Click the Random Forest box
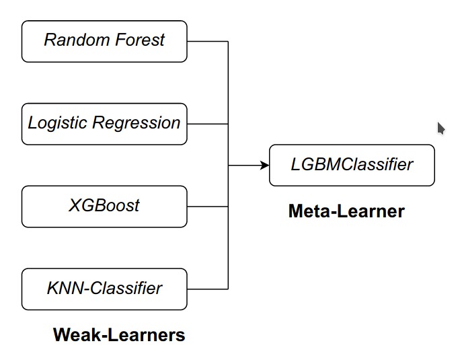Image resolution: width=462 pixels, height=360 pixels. [x=104, y=41]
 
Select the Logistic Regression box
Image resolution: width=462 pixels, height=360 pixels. [x=104, y=124]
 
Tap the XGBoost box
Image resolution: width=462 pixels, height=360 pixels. [x=104, y=206]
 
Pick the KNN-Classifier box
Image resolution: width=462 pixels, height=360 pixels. [x=104, y=289]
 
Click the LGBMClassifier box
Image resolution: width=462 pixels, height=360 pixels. [x=352, y=165]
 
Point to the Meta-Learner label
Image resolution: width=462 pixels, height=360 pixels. [x=346, y=211]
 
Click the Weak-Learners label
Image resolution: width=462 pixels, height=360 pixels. [x=119, y=334]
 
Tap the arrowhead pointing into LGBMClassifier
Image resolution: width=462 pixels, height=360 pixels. [x=264, y=165]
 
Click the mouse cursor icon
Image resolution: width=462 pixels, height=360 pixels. [x=441, y=128]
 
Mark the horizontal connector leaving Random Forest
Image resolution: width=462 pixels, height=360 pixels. [x=207, y=41]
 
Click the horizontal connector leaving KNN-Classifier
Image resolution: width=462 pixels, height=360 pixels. [x=207, y=289]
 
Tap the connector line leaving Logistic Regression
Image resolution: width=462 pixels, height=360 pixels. [x=207, y=124]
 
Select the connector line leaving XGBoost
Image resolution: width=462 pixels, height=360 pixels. [x=207, y=206]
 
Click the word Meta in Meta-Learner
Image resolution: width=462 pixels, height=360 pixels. [x=308, y=211]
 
